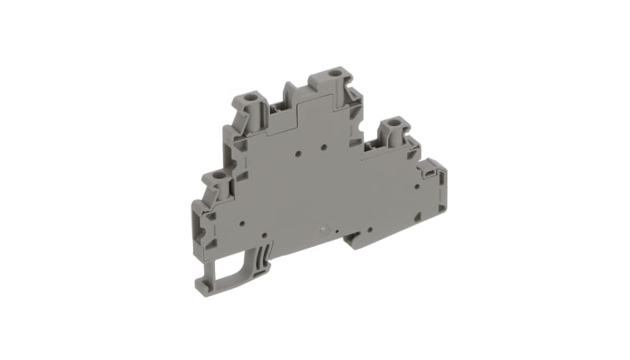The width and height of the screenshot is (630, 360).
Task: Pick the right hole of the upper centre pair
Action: [324, 146]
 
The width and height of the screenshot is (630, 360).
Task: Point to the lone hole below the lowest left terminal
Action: [241, 224]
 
